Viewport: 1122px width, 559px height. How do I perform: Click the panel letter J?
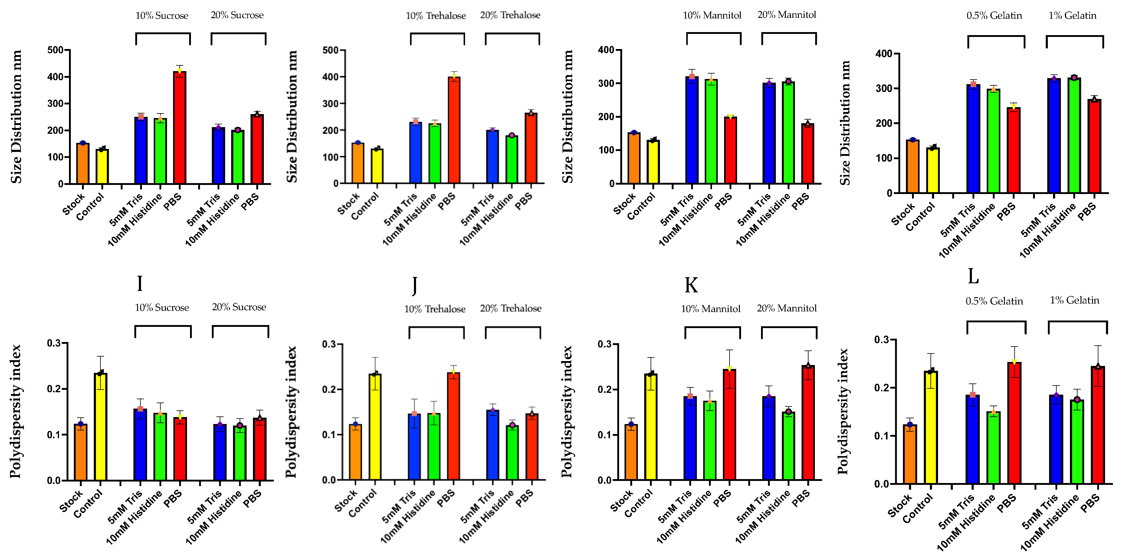click(415, 285)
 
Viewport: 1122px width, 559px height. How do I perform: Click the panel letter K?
click(691, 286)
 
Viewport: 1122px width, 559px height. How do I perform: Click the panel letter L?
click(973, 276)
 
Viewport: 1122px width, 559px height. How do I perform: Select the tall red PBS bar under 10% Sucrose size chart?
click(179, 129)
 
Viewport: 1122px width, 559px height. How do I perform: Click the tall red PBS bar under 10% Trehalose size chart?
click(454, 131)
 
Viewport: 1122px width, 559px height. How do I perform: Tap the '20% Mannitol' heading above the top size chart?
click(787, 15)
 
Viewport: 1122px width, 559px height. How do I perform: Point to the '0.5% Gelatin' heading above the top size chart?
click(994, 16)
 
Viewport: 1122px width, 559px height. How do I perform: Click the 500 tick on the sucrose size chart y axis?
click(55, 50)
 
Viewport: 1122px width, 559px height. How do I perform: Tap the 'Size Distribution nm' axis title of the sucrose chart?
click(17, 117)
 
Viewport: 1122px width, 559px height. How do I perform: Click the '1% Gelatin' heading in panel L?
click(1074, 300)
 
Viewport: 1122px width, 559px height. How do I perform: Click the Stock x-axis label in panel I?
click(71, 501)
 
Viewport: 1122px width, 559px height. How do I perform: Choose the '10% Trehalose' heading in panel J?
click(435, 309)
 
